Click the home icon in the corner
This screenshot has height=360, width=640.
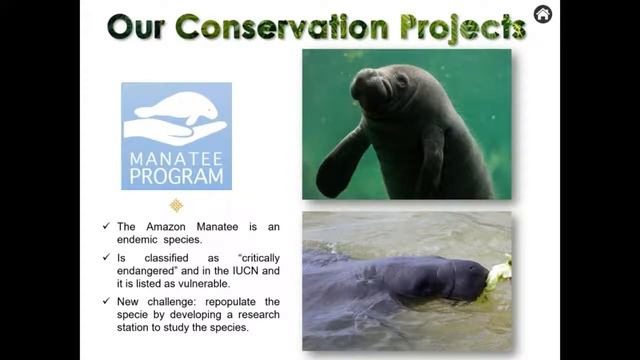[x=543, y=14]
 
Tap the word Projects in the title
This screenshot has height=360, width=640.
[x=466, y=27]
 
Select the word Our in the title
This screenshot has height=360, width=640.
[x=137, y=27]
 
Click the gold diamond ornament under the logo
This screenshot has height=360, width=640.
[x=176, y=205]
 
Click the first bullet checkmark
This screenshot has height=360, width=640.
[x=107, y=226]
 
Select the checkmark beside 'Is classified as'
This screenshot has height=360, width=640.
[x=107, y=256]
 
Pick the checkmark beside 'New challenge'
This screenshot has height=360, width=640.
[x=107, y=301]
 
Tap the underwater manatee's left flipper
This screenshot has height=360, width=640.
[x=339, y=164]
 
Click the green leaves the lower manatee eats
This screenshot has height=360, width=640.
[x=499, y=273]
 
